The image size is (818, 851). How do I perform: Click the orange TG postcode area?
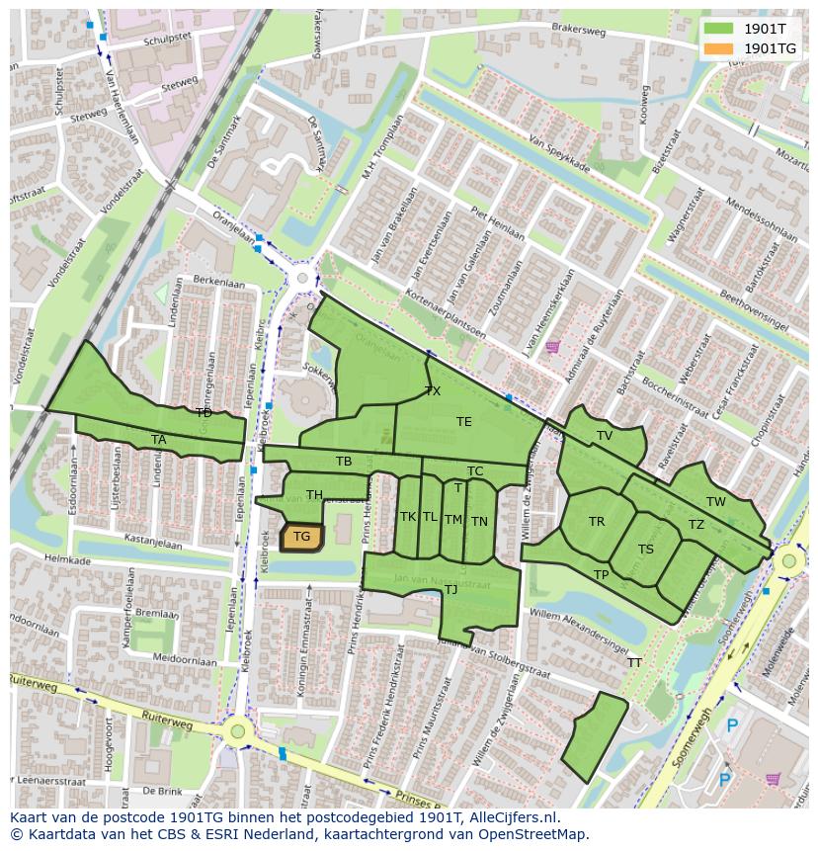pos(301,537)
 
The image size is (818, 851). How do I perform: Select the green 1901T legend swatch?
pos(719,29)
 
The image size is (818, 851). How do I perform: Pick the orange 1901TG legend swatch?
pos(719,48)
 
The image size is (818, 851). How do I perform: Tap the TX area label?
pos(433,391)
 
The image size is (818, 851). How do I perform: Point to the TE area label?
pos(464,422)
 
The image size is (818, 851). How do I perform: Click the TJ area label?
pos(450,590)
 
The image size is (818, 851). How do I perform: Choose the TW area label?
pos(716,502)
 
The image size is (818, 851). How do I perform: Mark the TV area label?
pos(605,436)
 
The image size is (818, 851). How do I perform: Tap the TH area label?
pos(314,495)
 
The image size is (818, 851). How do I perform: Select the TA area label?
pos(159,440)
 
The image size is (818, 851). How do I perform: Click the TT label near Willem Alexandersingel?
pos(634,663)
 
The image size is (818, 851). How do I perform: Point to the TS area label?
pos(646,550)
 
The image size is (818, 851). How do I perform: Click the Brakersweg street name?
pos(579,30)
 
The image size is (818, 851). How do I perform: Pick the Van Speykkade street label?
pos(559,153)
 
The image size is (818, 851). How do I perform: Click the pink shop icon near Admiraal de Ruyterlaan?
pos(552,347)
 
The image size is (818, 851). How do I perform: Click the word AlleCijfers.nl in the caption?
pos(513,817)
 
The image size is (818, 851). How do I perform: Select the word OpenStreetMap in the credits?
pos(535,834)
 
